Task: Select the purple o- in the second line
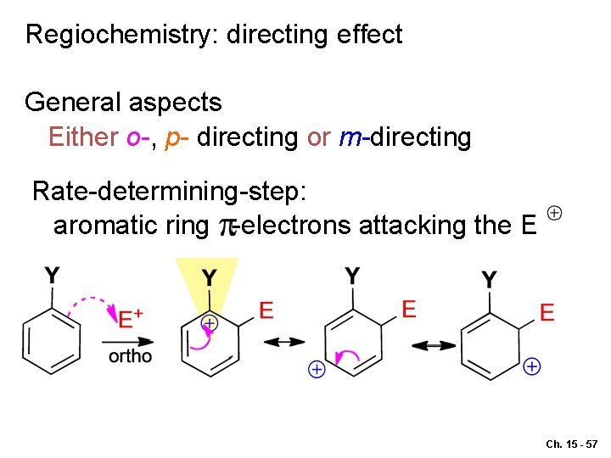pyautogui.click(x=137, y=137)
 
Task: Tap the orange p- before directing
pyautogui.click(x=177, y=137)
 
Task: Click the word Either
pyautogui.click(x=83, y=137)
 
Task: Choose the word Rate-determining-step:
pyautogui.click(x=169, y=192)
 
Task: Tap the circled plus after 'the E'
pyautogui.click(x=554, y=212)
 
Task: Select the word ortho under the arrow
pyautogui.click(x=130, y=356)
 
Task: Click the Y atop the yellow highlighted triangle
pyautogui.click(x=208, y=277)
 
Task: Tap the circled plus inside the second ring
pyautogui.click(x=209, y=323)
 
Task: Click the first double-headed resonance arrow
pyautogui.click(x=283, y=342)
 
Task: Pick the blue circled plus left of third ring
pyautogui.click(x=316, y=369)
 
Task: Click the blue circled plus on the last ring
pyautogui.click(x=532, y=366)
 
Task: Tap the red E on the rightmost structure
pyautogui.click(x=547, y=313)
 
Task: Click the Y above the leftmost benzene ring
pyautogui.click(x=53, y=276)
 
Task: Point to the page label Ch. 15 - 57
pyautogui.click(x=572, y=444)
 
